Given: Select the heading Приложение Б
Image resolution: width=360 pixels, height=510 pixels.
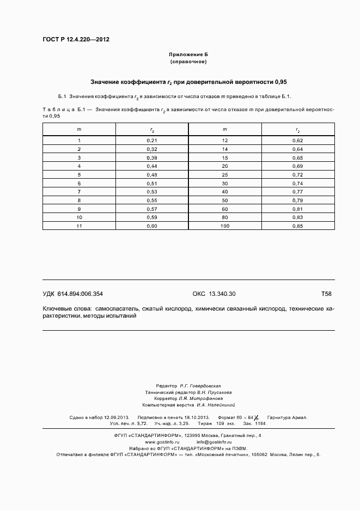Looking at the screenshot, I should (188, 55).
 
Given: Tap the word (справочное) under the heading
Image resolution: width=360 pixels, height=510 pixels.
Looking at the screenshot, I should (188, 62).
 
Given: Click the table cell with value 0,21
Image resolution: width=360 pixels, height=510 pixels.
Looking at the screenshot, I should (152, 141).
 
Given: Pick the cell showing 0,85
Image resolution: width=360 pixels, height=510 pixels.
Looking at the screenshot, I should (298, 226).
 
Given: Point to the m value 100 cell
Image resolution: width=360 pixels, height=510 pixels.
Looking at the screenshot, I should (224, 226).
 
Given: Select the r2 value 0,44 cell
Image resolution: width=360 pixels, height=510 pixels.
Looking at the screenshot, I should (152, 166).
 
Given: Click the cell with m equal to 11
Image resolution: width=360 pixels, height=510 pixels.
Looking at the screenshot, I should (79, 226).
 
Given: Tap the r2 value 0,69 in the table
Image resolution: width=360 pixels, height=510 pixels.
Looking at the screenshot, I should (298, 166).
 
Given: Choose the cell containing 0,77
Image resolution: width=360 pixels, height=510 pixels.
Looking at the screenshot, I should (298, 191).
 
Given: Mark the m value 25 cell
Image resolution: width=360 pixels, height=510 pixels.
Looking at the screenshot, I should (224, 174).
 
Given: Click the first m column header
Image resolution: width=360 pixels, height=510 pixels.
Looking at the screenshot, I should (79, 129).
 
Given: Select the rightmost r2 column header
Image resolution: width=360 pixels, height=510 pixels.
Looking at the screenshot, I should (298, 130).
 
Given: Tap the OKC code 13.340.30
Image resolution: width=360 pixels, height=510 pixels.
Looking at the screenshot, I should (213, 294).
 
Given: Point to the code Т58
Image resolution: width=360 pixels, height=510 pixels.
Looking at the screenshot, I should (326, 294).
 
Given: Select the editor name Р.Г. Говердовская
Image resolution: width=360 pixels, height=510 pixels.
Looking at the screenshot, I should (202, 385).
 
